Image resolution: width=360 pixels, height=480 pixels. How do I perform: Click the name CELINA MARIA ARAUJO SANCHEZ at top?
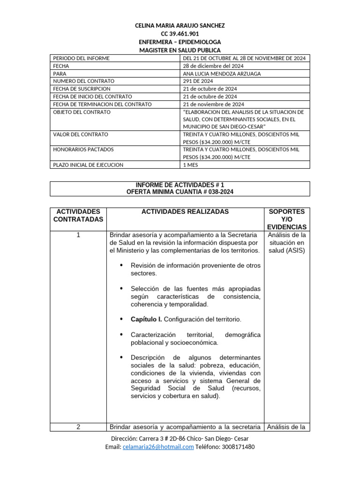(x=180, y=26)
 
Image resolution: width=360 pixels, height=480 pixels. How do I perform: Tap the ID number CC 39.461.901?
(x=180, y=34)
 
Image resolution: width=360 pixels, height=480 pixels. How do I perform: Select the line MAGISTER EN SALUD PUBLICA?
(x=180, y=50)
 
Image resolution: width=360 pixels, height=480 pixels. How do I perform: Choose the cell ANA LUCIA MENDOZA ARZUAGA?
(x=222, y=74)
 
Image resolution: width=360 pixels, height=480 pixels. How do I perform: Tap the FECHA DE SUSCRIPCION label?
(x=82, y=89)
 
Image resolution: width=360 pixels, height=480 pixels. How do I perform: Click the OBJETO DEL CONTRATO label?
(x=82, y=112)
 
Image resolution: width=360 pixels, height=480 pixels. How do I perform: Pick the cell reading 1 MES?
(x=190, y=165)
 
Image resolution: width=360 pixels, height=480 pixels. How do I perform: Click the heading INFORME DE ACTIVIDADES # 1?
(x=180, y=185)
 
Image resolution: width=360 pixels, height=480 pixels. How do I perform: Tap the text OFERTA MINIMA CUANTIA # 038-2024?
(x=180, y=192)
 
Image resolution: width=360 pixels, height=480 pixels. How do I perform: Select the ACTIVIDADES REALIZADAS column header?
(x=185, y=212)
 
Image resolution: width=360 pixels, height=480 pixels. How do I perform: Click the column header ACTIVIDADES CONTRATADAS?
(x=78, y=216)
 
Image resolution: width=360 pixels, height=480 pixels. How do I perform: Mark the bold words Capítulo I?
(x=146, y=319)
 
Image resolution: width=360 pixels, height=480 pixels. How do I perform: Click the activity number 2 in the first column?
(x=78, y=427)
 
